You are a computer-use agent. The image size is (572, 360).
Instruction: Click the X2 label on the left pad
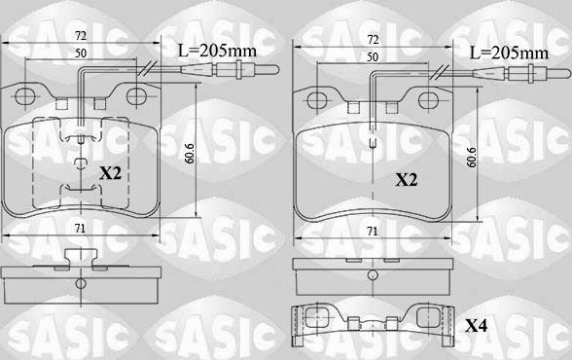tap(111, 172)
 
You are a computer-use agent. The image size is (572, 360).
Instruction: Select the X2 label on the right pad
tap(407, 180)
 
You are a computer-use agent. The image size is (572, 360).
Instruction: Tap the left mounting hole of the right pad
tap(316, 101)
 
